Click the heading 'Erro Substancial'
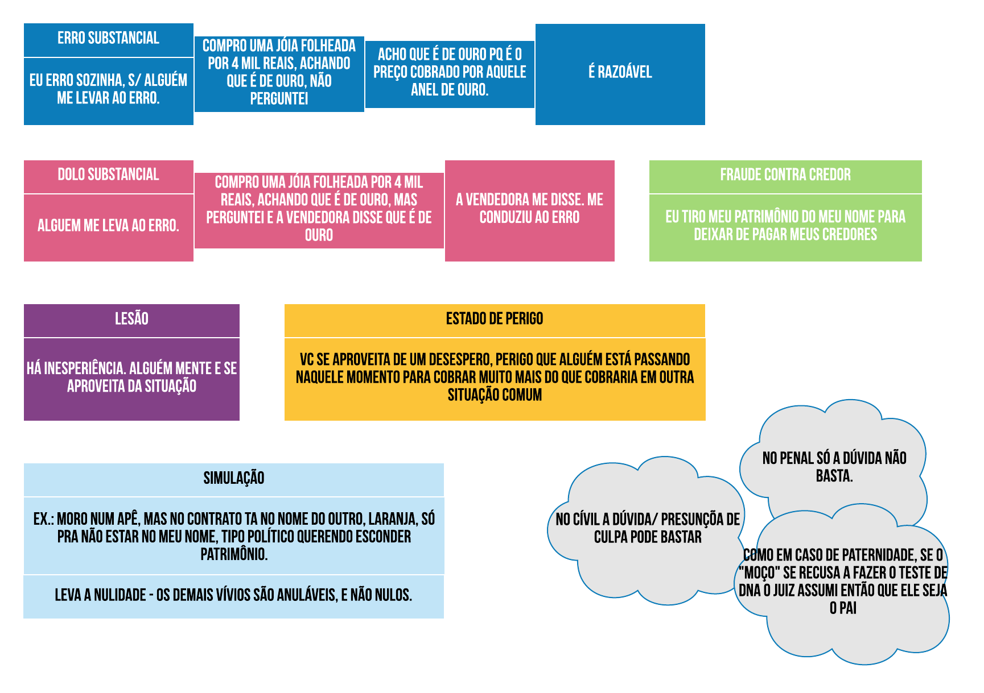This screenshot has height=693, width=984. pyautogui.click(x=108, y=38)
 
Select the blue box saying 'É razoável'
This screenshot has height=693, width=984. pyautogui.click(x=620, y=73)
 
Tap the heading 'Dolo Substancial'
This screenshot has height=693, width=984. pyautogui.click(x=108, y=175)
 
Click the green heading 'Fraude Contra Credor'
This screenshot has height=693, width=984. pyautogui.click(x=785, y=175)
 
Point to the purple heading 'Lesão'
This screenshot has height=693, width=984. pyautogui.click(x=131, y=318)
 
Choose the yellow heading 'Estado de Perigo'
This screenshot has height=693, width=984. pyautogui.click(x=494, y=318)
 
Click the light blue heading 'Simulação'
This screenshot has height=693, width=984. pyautogui.click(x=233, y=478)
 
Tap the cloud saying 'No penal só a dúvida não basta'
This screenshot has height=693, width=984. pyautogui.click(x=834, y=466)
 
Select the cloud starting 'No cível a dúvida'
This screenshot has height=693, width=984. pyautogui.click(x=647, y=528)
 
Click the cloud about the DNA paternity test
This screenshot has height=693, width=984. pyautogui.click(x=843, y=582)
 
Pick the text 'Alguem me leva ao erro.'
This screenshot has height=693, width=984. pyautogui.click(x=108, y=226)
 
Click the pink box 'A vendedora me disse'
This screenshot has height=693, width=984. pyautogui.click(x=529, y=209)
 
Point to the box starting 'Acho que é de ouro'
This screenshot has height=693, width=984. pyautogui.click(x=450, y=72)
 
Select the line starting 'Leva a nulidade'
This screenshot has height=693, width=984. pyautogui.click(x=233, y=595)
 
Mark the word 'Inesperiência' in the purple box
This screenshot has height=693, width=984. pyautogui.click(x=85, y=368)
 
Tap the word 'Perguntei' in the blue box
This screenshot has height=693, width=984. pyautogui.click(x=279, y=99)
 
